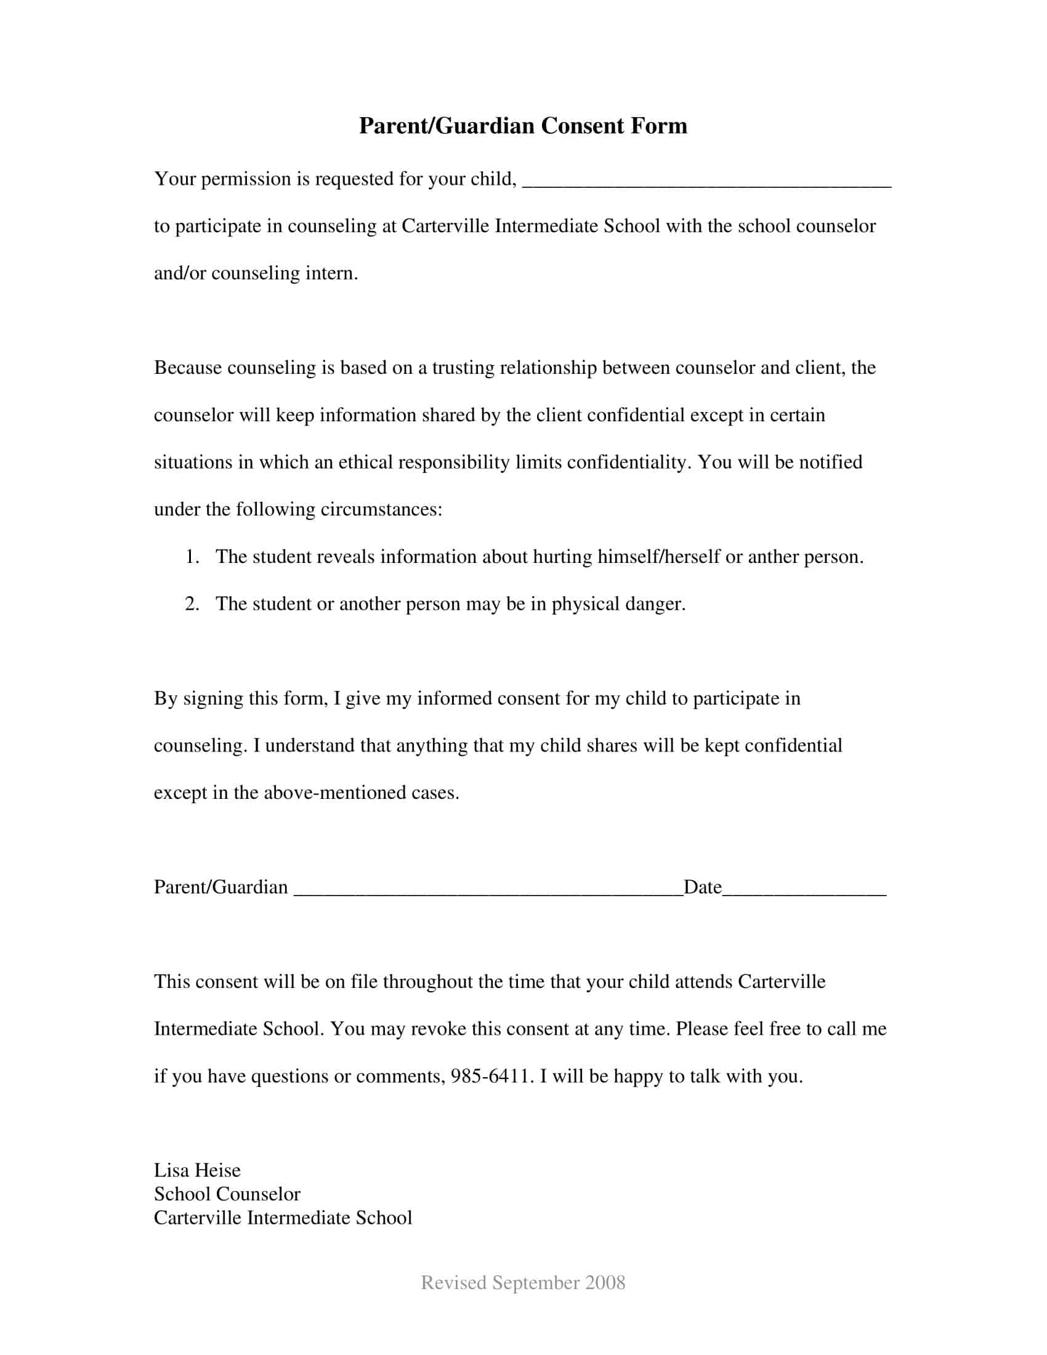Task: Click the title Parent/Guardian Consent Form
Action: [x=523, y=126]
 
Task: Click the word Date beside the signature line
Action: [x=702, y=887]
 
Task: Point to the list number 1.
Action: [x=192, y=557]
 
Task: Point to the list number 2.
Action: [x=192, y=604]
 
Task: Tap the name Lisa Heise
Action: [x=197, y=1170]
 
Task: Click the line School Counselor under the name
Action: [x=227, y=1194]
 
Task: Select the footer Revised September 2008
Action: [x=523, y=1282]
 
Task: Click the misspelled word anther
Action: [x=773, y=557]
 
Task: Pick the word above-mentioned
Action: [x=335, y=793]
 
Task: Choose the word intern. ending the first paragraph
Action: [x=332, y=273]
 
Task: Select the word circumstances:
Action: [x=381, y=509]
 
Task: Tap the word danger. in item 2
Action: [x=655, y=604]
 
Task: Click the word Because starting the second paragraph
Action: [x=188, y=368]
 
